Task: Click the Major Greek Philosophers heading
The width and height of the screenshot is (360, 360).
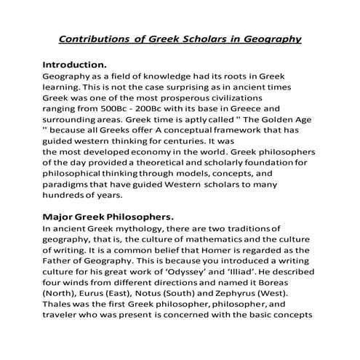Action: coord(108,216)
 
